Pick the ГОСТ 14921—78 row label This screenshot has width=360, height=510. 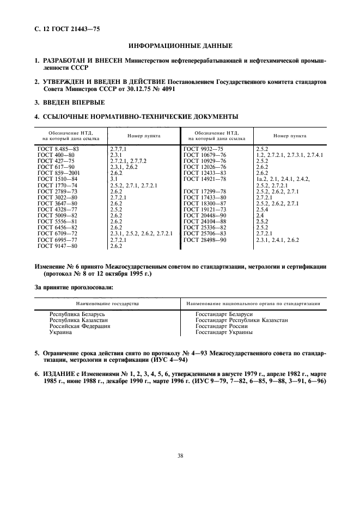[x=204, y=179]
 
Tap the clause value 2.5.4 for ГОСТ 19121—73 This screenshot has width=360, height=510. [x=263, y=209]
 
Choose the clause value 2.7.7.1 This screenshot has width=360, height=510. [x=118, y=148]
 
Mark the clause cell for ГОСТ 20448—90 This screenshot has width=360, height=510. [x=260, y=216]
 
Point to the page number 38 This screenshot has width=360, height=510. [x=180, y=456]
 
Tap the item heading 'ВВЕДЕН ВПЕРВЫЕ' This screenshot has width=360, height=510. [x=70, y=102]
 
